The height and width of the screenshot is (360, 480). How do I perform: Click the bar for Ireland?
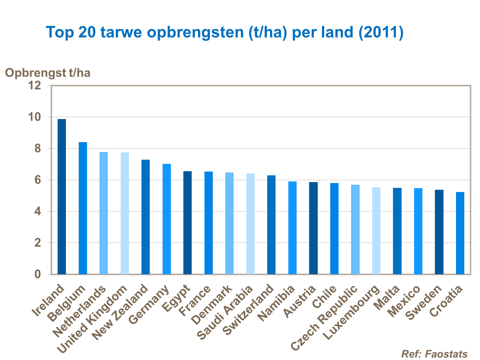(62, 196)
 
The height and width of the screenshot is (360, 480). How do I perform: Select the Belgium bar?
(83, 208)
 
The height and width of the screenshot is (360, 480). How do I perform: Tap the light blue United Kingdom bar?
(125, 213)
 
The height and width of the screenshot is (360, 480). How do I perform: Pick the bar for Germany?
(167, 219)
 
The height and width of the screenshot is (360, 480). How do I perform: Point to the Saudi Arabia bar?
(251, 224)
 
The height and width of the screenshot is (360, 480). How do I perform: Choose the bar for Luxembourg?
(376, 230)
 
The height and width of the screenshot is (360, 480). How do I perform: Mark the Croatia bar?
(460, 233)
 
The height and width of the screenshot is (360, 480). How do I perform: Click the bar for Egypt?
(188, 222)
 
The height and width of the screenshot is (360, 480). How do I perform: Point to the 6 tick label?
(38, 180)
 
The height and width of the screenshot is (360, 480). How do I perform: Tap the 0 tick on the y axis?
(38, 274)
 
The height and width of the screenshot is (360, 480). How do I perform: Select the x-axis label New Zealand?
(121, 312)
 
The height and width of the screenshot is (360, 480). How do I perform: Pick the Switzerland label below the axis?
(248, 310)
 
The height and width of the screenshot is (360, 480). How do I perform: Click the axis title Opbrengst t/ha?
(48, 73)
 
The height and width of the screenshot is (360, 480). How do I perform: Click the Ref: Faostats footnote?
(434, 354)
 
